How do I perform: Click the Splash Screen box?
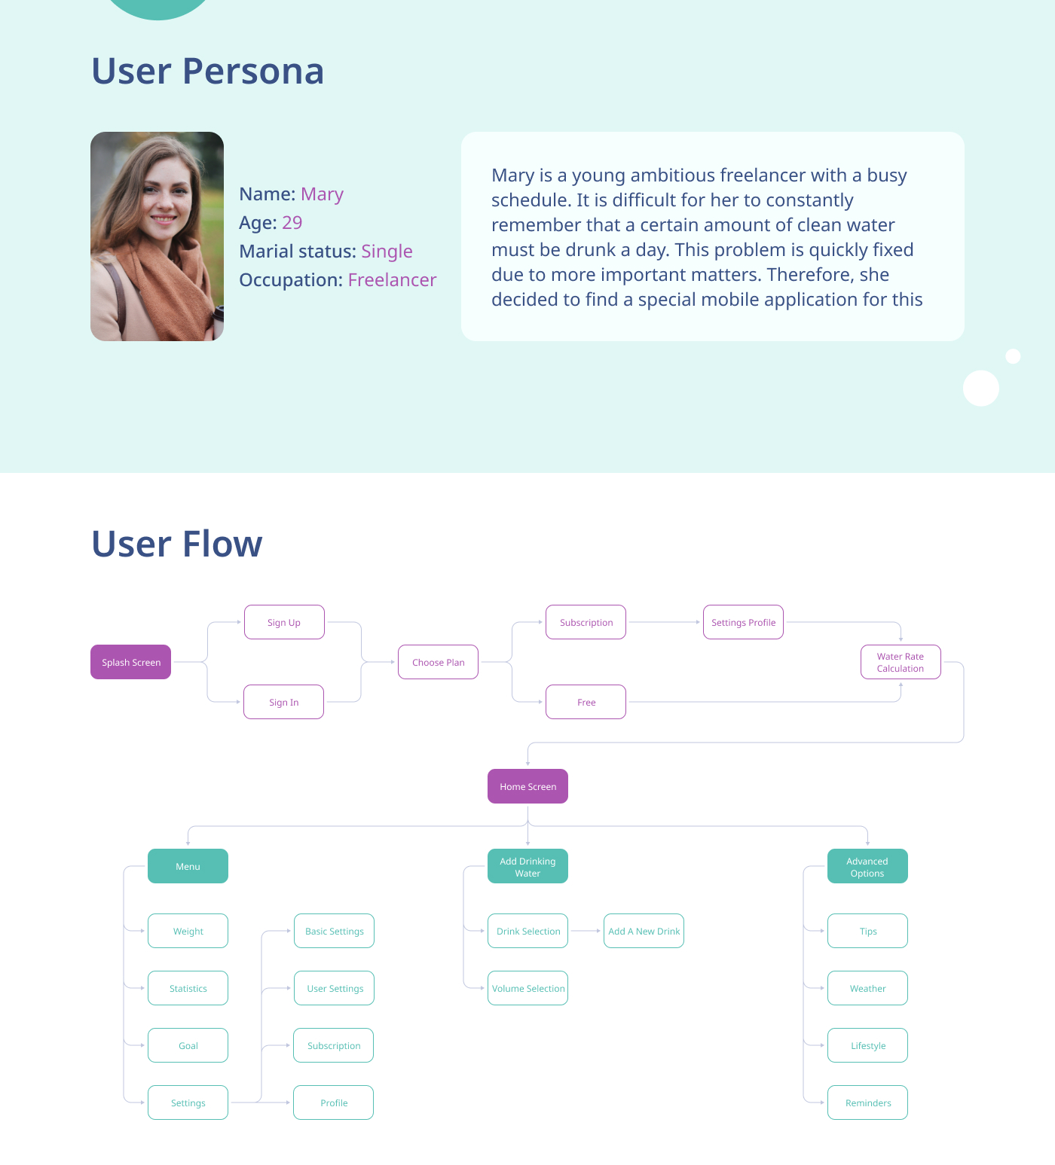point(130,662)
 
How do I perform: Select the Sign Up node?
point(284,622)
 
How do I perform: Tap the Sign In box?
point(283,702)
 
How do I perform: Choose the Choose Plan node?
point(438,662)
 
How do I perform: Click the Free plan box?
point(586,702)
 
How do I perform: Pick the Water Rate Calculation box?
point(901,662)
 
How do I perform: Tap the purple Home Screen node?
point(527,786)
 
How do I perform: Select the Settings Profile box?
point(743,622)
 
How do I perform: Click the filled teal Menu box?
point(188,866)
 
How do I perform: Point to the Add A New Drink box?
point(644,931)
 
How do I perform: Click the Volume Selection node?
point(527,988)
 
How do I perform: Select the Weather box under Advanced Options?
point(867,988)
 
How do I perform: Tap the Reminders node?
point(867,1102)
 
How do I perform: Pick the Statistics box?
point(188,988)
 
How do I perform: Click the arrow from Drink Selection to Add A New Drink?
point(586,931)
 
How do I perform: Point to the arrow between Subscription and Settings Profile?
point(665,622)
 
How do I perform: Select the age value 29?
point(292,223)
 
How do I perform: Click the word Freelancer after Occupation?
point(392,280)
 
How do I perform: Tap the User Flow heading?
point(177,544)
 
